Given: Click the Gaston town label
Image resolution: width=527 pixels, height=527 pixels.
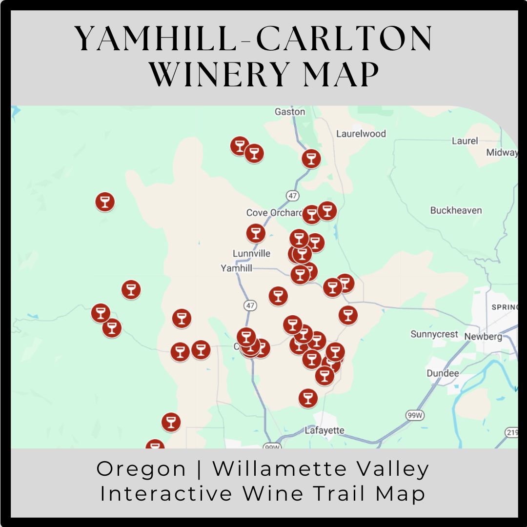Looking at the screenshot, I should (290, 112).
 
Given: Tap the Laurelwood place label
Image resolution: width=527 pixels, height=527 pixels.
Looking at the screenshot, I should (361, 134).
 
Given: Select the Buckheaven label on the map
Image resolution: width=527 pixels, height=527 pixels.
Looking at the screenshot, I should (456, 211).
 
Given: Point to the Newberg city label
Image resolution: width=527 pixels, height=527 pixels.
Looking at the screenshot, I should (483, 337).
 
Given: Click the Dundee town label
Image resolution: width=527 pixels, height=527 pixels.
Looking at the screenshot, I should (443, 373).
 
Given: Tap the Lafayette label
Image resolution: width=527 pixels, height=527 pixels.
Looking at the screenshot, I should (324, 430).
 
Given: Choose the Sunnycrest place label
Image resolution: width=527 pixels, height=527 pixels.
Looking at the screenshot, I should (434, 334).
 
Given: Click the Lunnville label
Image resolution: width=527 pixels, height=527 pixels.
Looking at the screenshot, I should (251, 254).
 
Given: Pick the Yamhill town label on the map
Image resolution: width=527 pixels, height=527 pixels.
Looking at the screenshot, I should (236, 268).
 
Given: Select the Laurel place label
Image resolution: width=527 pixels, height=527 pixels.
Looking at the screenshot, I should (465, 141).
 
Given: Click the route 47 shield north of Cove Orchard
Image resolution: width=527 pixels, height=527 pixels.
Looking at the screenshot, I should (292, 196).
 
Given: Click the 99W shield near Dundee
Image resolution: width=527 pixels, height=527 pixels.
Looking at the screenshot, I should (413, 415).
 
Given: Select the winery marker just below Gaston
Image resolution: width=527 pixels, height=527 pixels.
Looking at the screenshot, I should (311, 159).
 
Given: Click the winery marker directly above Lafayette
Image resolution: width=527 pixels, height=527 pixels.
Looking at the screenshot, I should (307, 398).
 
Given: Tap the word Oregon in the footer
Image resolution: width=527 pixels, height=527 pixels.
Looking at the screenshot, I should (142, 469).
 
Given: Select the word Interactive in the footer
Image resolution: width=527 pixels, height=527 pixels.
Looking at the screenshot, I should (166, 493).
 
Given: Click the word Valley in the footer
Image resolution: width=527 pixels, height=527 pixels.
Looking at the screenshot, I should (389, 469).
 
